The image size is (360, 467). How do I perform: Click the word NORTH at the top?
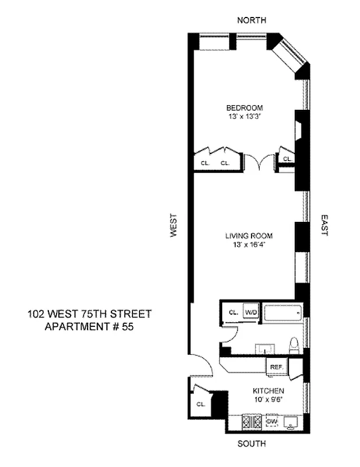click(x=251, y=20)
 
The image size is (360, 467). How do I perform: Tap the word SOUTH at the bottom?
click(x=251, y=444)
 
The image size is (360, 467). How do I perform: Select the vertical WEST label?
click(x=173, y=225)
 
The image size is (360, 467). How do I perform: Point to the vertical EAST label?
click(x=324, y=225)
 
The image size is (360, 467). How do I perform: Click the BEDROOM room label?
click(x=244, y=107)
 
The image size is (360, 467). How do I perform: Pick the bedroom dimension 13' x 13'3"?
click(x=244, y=116)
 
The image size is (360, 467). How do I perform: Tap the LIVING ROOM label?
click(x=249, y=236)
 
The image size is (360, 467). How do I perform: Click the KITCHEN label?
click(x=268, y=391)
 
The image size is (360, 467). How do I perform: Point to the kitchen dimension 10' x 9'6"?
click(x=268, y=399)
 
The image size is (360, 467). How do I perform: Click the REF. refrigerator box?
click(x=277, y=367)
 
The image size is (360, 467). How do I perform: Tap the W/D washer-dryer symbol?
click(x=250, y=312)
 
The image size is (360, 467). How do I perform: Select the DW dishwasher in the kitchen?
click(x=272, y=421)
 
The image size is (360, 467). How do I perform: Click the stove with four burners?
click(x=255, y=421)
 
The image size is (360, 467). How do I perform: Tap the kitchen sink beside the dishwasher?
click(x=290, y=421)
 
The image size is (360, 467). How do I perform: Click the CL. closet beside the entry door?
click(x=200, y=403)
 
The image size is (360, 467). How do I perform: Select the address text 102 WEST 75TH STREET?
click(x=89, y=314)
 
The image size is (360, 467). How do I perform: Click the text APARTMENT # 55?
click(x=89, y=327)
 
